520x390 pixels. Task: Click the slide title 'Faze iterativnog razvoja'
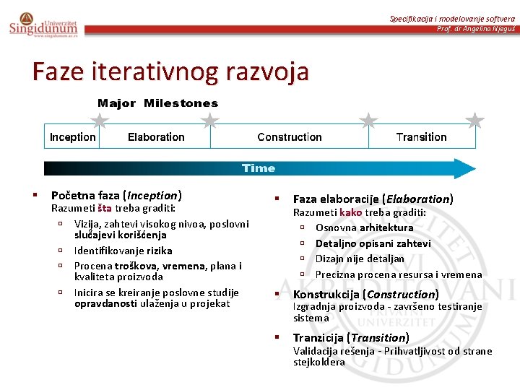coord(170,71)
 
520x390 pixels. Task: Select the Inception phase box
coord(72,136)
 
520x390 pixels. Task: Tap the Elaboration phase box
coord(156,136)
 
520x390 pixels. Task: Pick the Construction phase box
coord(290,136)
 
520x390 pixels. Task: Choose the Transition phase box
coord(422,136)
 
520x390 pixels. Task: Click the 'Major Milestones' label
coord(157,103)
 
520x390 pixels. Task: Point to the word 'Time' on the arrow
coord(259,168)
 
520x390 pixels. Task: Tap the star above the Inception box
coord(100,120)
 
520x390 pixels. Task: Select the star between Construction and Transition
coord(368,120)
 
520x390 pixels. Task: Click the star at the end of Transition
coord(474,120)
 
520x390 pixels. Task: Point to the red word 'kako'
coord(351,212)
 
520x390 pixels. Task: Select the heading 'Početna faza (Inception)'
coord(116,195)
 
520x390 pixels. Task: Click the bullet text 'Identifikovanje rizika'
coord(123,251)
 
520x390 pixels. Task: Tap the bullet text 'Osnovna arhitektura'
coord(364,227)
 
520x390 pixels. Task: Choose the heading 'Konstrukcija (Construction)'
coord(365,294)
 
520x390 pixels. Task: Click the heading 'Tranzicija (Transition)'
coord(351,337)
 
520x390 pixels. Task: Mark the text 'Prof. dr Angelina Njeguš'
coord(476,28)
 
